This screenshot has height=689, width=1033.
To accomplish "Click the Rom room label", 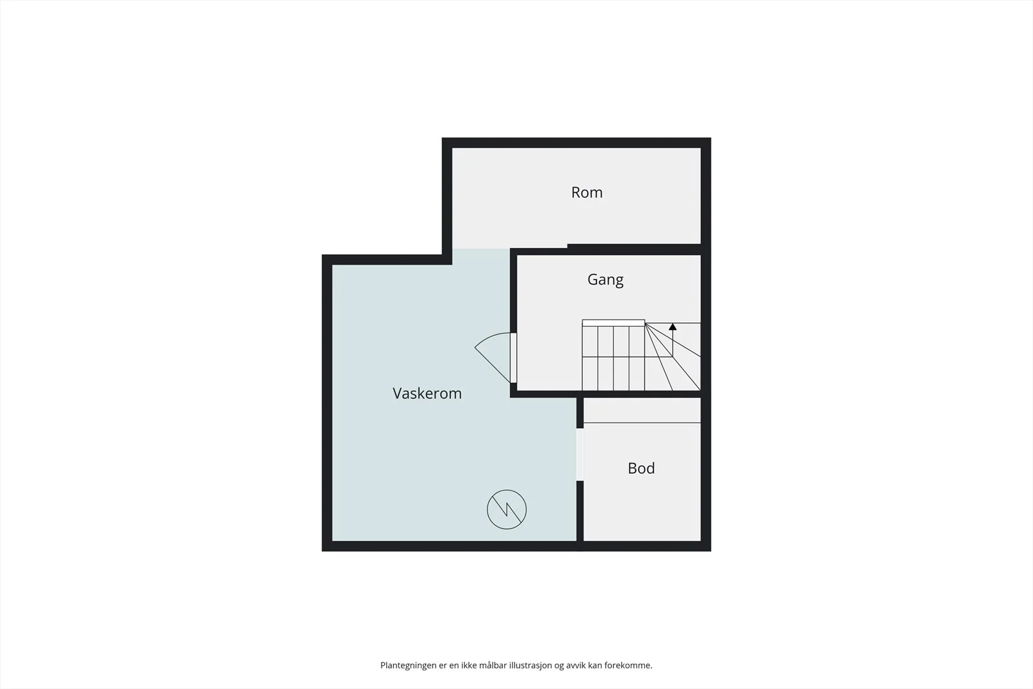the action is point(587,192).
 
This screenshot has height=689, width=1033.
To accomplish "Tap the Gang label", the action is point(606,280).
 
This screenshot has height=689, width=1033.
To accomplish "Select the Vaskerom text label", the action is point(427,393).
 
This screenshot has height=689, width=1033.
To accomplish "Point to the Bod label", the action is point(641,468).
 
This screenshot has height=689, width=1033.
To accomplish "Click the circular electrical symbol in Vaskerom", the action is point(507,509).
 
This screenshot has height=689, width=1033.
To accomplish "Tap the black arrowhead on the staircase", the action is point(673,327).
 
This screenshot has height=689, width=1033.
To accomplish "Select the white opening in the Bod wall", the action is point(580,455).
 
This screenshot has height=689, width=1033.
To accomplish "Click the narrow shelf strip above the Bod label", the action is point(642,411).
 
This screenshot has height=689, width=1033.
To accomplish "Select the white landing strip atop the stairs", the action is point(613,323).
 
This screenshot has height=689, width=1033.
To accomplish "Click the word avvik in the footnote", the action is point(575,666).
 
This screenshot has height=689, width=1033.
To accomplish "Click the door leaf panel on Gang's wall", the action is point(513,357).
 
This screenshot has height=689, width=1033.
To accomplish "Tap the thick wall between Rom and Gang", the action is point(634,249).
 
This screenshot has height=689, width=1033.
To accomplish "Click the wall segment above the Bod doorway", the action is point(580,413).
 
